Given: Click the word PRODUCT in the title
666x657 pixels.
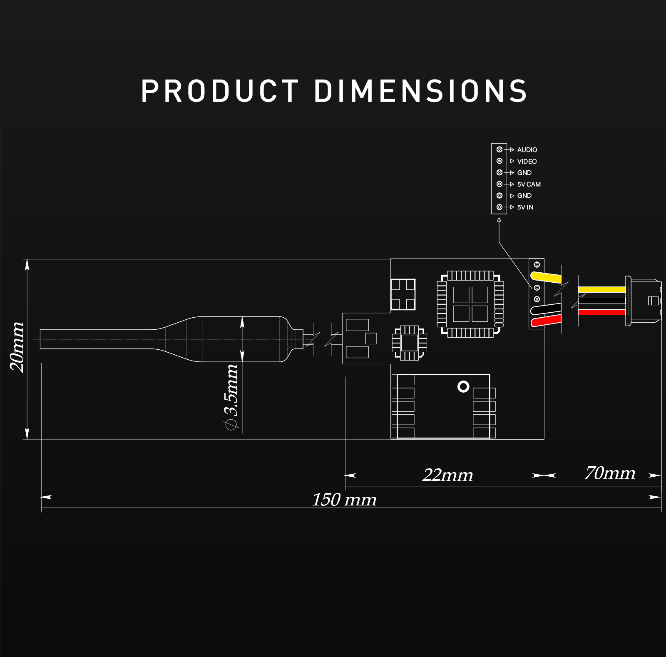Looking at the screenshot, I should point(220,91).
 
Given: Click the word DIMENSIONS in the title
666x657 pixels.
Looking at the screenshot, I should point(420,91).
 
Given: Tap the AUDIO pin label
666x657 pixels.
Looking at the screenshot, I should point(527,150).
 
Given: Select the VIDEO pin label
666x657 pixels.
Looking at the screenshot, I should point(527,162).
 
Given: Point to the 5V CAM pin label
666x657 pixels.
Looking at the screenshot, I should point(529,184).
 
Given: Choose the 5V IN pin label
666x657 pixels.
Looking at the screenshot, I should point(525,207).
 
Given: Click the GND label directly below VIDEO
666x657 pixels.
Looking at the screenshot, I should point(524,173).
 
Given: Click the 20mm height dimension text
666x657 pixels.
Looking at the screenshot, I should point(17,346).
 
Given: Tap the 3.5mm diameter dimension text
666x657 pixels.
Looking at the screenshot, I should point(231,390).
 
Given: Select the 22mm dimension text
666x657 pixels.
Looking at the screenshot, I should point(447,475).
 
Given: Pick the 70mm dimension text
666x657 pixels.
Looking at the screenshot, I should point(610,473).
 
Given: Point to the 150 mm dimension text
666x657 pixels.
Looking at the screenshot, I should point(344,500).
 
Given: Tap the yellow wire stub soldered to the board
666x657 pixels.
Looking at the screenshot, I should point(546,277).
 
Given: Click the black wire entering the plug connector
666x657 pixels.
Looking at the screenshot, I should point(601,301).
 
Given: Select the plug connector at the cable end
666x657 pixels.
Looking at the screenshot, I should point(643,301).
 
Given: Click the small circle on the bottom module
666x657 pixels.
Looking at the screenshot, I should point(463,387).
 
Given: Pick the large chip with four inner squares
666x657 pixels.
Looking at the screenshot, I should point(470,304).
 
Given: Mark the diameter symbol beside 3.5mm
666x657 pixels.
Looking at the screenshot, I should point(231,425).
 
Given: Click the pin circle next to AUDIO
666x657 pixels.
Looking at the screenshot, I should point(499,149).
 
